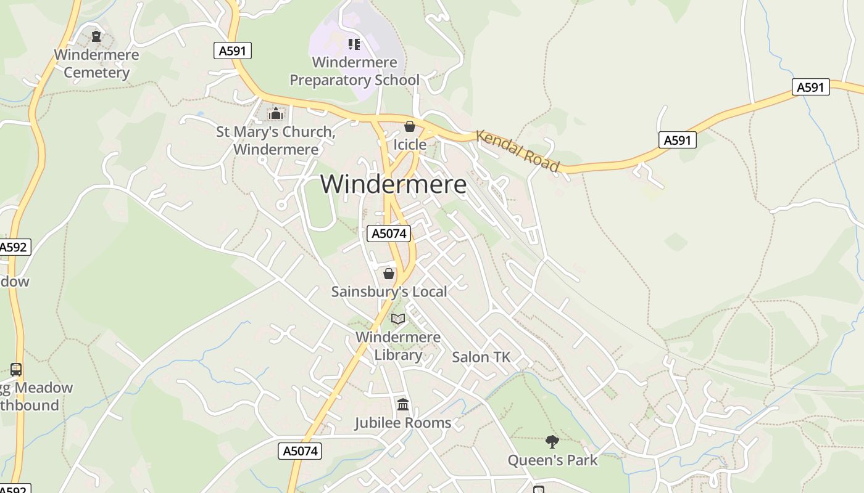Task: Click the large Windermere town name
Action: pyautogui.click(x=393, y=184)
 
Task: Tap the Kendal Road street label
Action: pyautogui.click(x=518, y=152)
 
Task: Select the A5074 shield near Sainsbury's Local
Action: pyautogui.click(x=389, y=234)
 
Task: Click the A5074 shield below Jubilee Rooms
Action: pyautogui.click(x=300, y=451)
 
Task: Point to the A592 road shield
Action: pyautogui.click(x=13, y=247)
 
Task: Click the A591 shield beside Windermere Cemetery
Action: pyautogui.click(x=233, y=51)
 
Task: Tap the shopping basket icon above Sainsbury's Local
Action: pyautogui.click(x=389, y=274)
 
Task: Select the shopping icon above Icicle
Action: pyautogui.click(x=409, y=126)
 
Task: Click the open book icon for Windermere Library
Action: pyautogui.click(x=398, y=319)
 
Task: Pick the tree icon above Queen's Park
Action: pyautogui.click(x=552, y=441)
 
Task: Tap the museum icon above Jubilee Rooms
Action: pyautogui.click(x=403, y=405)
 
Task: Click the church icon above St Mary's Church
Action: pyautogui.click(x=276, y=114)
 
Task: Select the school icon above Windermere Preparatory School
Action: pyautogui.click(x=354, y=44)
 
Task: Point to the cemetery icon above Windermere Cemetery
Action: pyautogui.click(x=96, y=36)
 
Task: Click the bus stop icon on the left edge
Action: pyautogui.click(x=16, y=370)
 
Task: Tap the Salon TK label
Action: pyautogui.click(x=481, y=357)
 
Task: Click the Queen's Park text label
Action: pyautogui.click(x=552, y=460)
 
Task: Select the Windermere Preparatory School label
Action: pyautogui.click(x=354, y=71)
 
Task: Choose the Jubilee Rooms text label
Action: pyautogui.click(x=402, y=423)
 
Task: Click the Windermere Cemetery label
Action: pyautogui.click(x=96, y=63)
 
